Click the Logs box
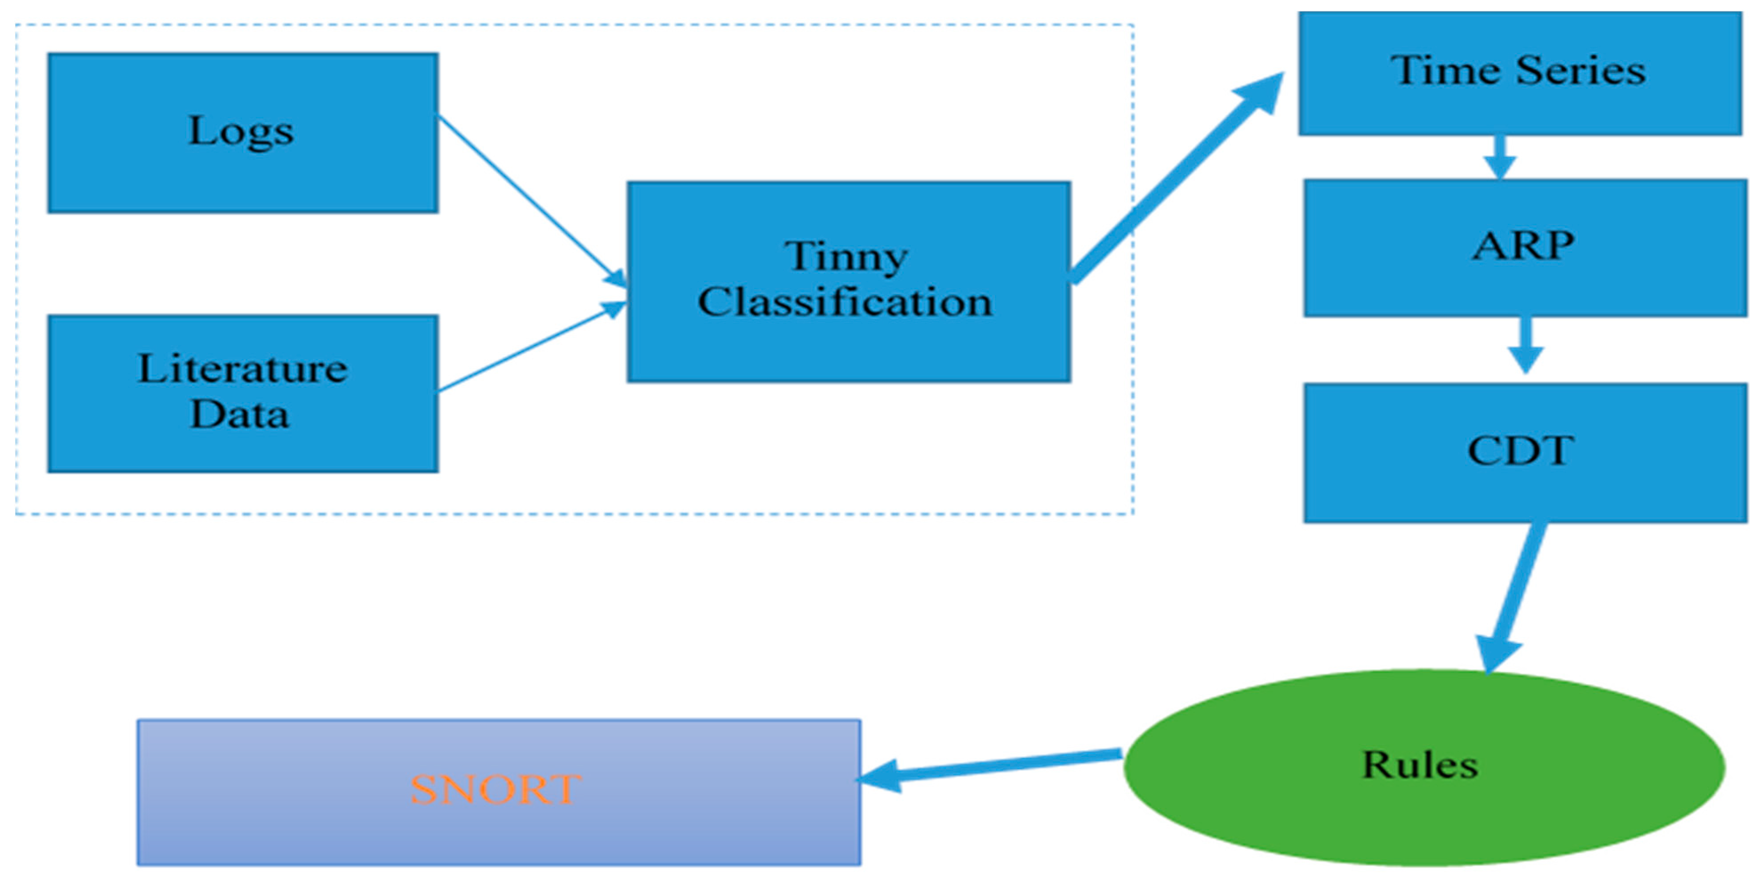(x=243, y=133)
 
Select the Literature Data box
(x=243, y=393)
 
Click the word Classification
(x=845, y=302)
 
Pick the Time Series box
(x=1519, y=73)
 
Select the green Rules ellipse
(x=1424, y=766)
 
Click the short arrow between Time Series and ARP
(x=1499, y=157)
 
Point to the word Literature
(x=243, y=369)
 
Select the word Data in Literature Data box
(x=240, y=414)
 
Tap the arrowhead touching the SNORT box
(x=879, y=777)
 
